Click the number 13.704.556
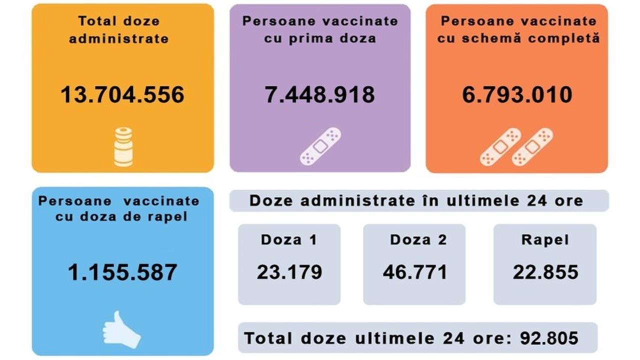tap(122, 94)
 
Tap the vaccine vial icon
tap(123, 146)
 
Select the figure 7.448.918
tap(320, 94)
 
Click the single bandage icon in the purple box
tap(320, 146)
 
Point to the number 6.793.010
tap(517, 94)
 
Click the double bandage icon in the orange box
tap(517, 146)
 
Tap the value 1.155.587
tap(122, 272)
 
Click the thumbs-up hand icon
tap(121, 329)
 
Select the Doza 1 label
tap(289, 239)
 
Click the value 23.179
tap(289, 272)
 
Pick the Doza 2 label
tap(418, 239)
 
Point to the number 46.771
tap(415, 272)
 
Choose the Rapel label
tap(545, 239)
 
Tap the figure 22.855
tap(545, 272)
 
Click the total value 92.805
tap(549, 338)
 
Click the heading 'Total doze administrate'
tap(119, 29)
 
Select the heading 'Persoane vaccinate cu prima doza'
tap(320, 29)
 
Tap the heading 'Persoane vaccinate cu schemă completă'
tap(518, 29)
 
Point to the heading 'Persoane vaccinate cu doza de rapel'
tap(119, 209)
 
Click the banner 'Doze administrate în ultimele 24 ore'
tap(416, 200)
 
